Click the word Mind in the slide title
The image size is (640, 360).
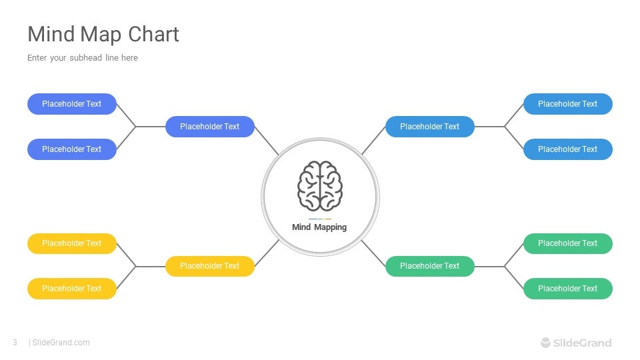tap(51, 34)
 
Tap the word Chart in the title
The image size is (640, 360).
tap(153, 34)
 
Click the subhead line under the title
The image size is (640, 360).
tap(83, 58)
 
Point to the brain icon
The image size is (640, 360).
tap(320, 186)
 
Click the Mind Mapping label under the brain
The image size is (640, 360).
tap(319, 227)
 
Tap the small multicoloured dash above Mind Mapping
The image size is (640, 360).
tap(320, 219)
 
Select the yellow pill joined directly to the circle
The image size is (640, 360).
tap(210, 266)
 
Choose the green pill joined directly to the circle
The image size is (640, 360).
tap(430, 266)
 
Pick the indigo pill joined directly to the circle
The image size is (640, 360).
tap(210, 127)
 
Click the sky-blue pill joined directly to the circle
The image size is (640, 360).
tap(430, 127)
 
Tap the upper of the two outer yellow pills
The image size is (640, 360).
tap(72, 244)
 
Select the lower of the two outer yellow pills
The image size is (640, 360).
tap(72, 289)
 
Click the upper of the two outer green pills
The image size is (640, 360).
tap(568, 244)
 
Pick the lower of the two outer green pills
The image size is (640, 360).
tap(568, 289)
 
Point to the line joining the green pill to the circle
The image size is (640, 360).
tap(373, 253)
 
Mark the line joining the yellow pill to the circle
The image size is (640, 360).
tap(267, 253)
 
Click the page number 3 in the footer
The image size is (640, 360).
tap(15, 343)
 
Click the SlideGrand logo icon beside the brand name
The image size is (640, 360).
tap(546, 343)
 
